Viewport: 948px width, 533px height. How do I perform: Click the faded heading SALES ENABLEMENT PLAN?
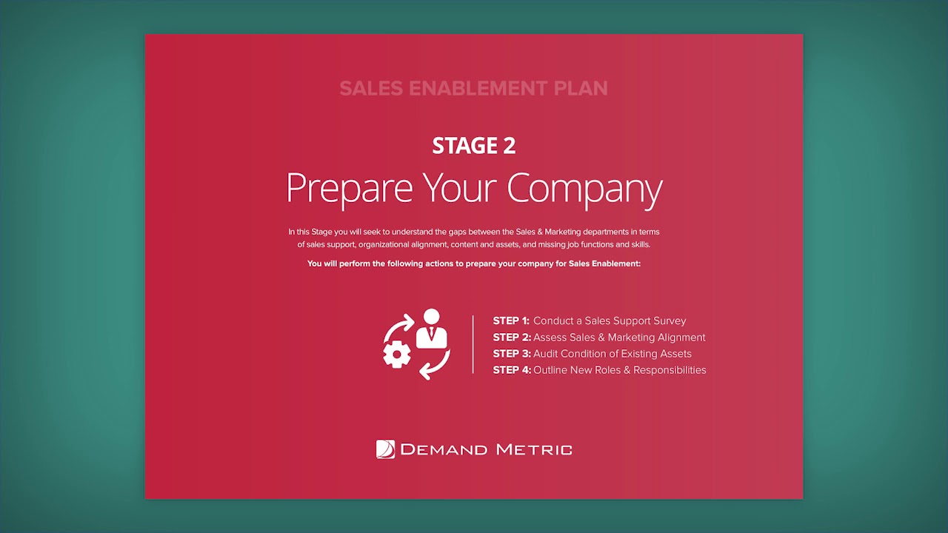coord(473,88)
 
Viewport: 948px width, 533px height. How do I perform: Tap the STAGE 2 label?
coord(474,146)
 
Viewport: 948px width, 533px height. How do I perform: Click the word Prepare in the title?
coord(349,188)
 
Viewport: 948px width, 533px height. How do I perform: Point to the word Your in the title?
coord(460,188)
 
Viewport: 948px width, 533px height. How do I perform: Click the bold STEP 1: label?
coord(511,321)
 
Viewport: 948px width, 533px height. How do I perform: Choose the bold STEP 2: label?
coord(511,338)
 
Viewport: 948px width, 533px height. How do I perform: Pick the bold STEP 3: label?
coord(511,354)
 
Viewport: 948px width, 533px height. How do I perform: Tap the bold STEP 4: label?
coord(511,370)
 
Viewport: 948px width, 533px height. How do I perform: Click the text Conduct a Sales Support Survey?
coord(610,321)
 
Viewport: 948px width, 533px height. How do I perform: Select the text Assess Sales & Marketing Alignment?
coord(619,338)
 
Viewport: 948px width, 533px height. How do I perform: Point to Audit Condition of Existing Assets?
coord(612,354)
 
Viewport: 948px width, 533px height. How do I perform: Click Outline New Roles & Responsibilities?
coord(620,370)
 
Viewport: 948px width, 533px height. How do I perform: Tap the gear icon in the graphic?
coord(397,355)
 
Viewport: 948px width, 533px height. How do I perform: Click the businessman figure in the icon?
coord(431,329)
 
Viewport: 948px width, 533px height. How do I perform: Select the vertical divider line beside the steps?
coord(473,344)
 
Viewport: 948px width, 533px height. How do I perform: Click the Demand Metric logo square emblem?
coord(385,449)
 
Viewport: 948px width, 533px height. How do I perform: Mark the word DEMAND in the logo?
coord(444,449)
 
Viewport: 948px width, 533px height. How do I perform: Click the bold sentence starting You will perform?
coord(474,264)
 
